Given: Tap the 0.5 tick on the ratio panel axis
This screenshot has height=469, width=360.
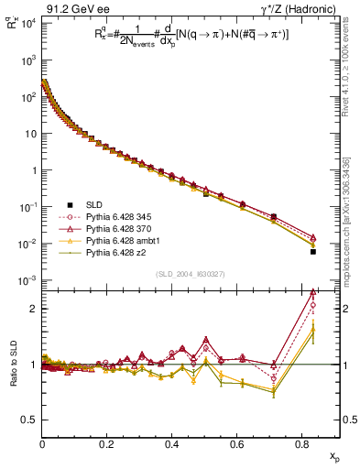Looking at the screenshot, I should coord(30,420).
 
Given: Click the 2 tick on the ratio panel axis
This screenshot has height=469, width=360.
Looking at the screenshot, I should coord(34,309).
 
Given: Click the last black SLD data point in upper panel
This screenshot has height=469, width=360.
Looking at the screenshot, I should coord(312,251).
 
